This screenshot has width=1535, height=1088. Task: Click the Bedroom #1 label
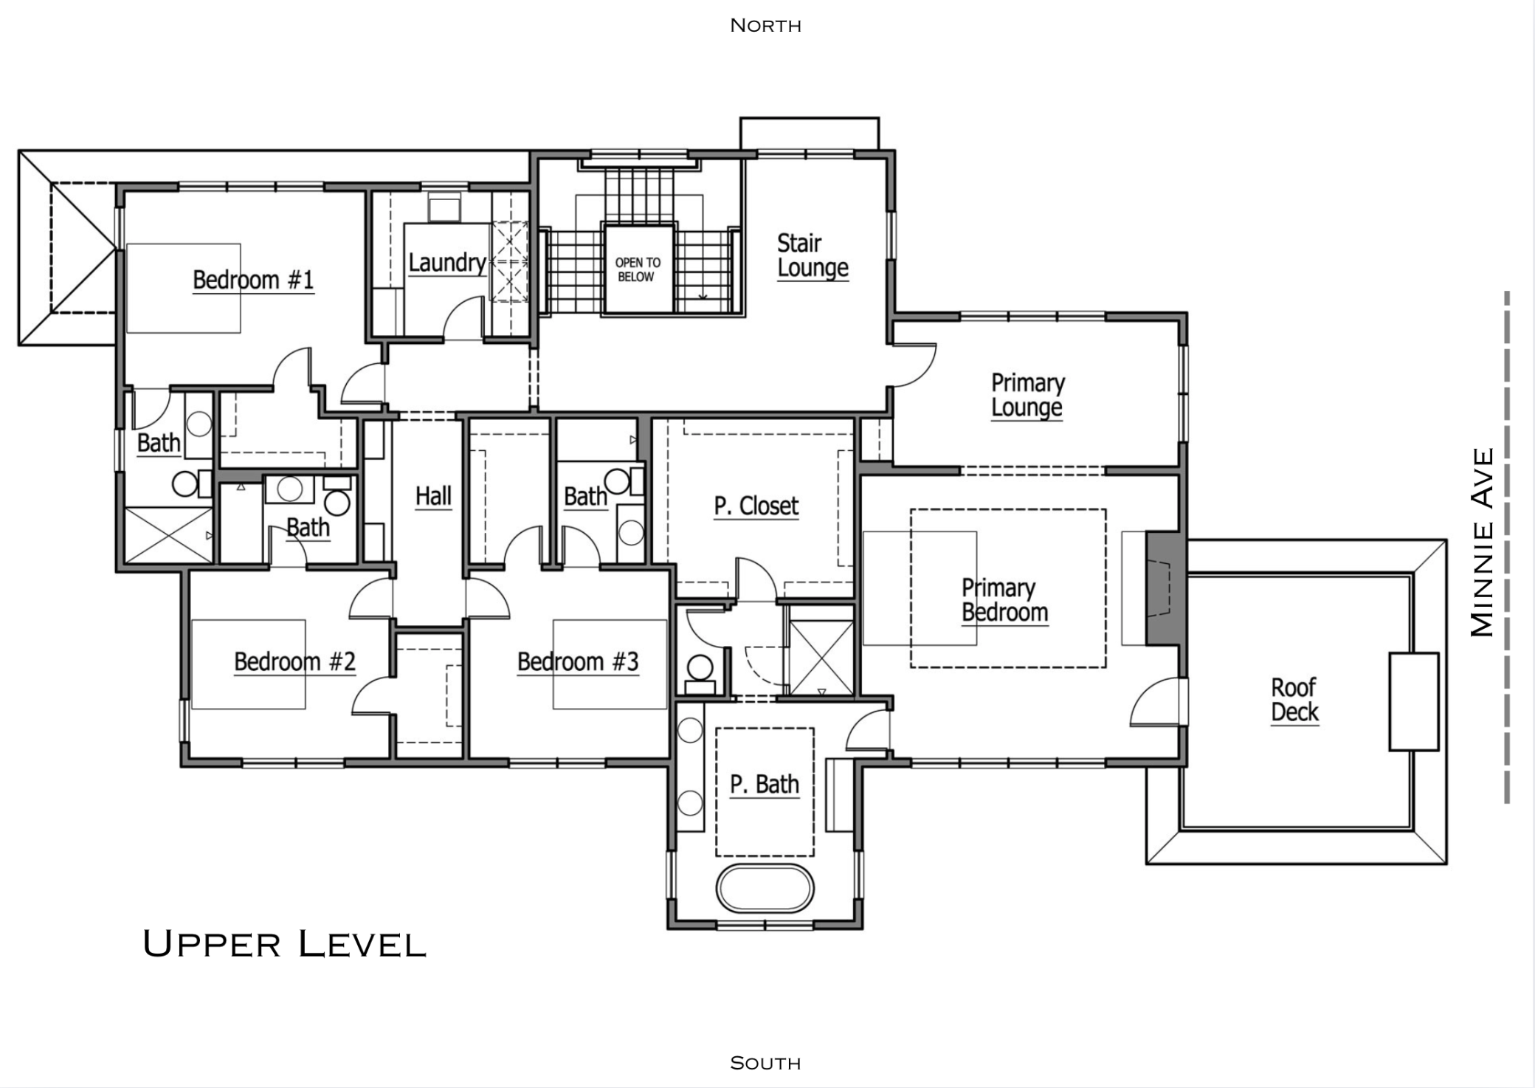point(253,280)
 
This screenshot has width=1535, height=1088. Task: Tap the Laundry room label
point(446,263)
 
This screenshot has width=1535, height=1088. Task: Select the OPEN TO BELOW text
point(638,269)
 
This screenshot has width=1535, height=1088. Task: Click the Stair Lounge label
point(812,255)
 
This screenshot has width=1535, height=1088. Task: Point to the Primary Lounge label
point(1027,395)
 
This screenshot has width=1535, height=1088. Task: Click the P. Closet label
point(756,506)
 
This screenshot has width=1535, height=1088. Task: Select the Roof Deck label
point(1294,700)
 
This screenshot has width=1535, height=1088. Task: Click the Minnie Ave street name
point(1482,542)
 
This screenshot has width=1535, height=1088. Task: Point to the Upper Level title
point(284,944)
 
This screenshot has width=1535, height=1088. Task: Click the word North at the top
point(765,26)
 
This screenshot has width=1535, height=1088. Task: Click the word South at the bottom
point(765,1063)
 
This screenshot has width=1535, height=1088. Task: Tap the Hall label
point(433,496)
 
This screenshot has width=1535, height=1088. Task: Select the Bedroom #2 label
point(294,661)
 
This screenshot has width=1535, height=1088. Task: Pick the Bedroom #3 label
point(577,661)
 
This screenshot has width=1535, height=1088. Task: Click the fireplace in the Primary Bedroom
point(1162,588)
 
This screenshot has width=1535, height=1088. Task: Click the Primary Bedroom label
point(1004,600)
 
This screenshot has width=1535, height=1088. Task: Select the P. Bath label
point(765,784)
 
